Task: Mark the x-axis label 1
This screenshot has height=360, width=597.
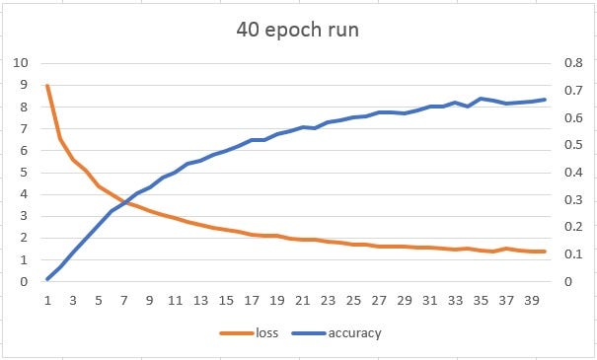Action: click(x=47, y=302)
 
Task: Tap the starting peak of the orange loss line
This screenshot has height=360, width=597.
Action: click(x=47, y=86)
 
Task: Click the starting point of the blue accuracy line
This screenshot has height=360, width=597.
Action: click(x=47, y=279)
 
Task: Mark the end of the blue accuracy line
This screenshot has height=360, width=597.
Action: click(x=545, y=99)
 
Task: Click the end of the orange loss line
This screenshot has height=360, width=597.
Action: click(x=545, y=252)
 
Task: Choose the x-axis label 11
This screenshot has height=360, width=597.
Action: click(x=175, y=302)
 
